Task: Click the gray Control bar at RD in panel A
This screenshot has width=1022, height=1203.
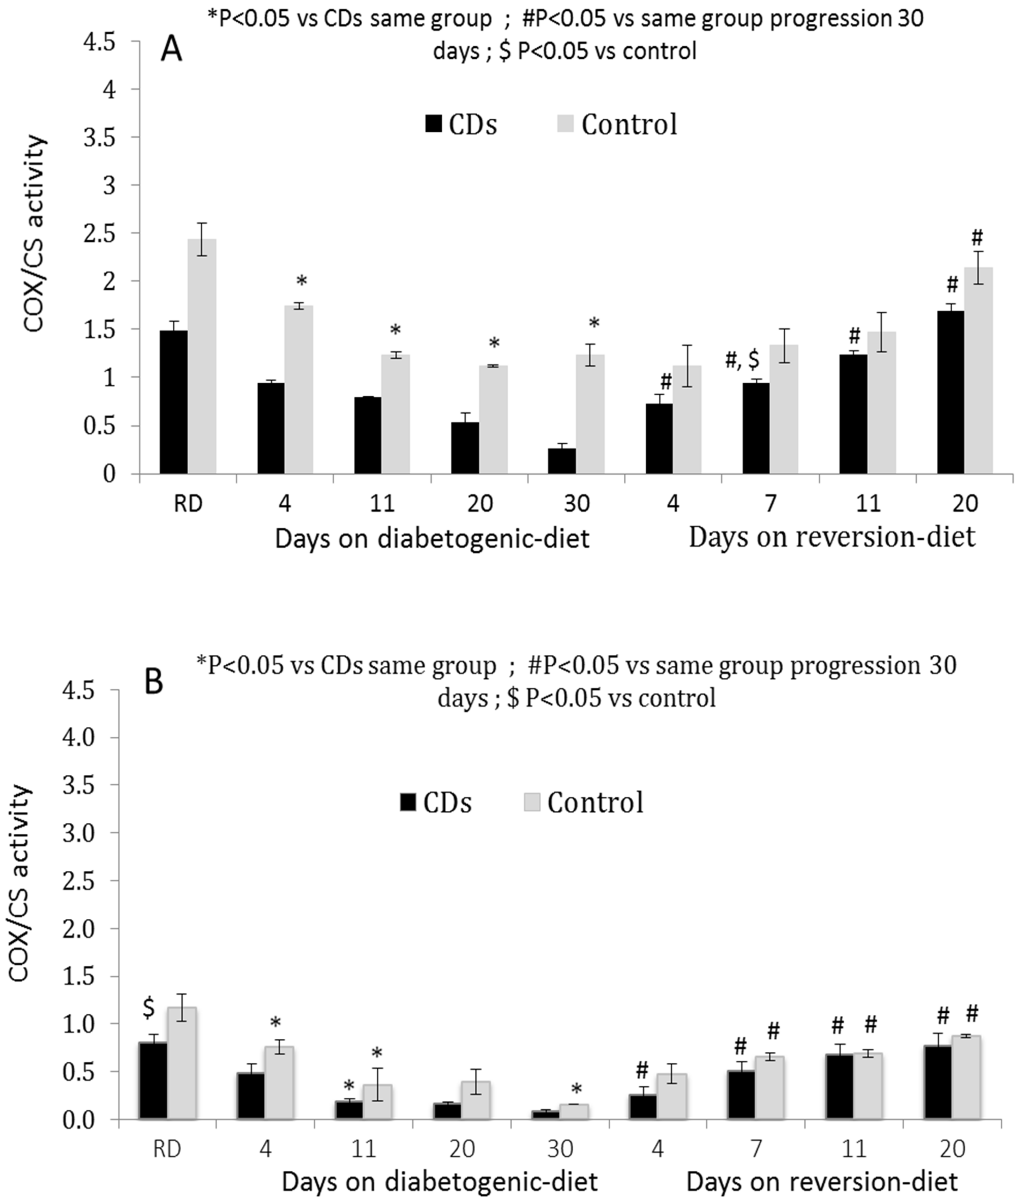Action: tap(202, 356)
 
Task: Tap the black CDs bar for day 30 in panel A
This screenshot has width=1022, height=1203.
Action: tap(562, 461)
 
